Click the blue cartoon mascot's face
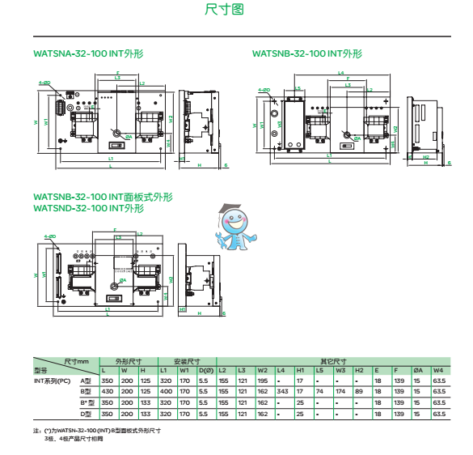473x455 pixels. click(235, 221)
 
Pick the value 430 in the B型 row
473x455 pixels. click(108, 391)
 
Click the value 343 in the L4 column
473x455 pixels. click(281, 391)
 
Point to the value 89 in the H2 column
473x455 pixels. click(358, 391)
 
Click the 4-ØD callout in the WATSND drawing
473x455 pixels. click(46, 236)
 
